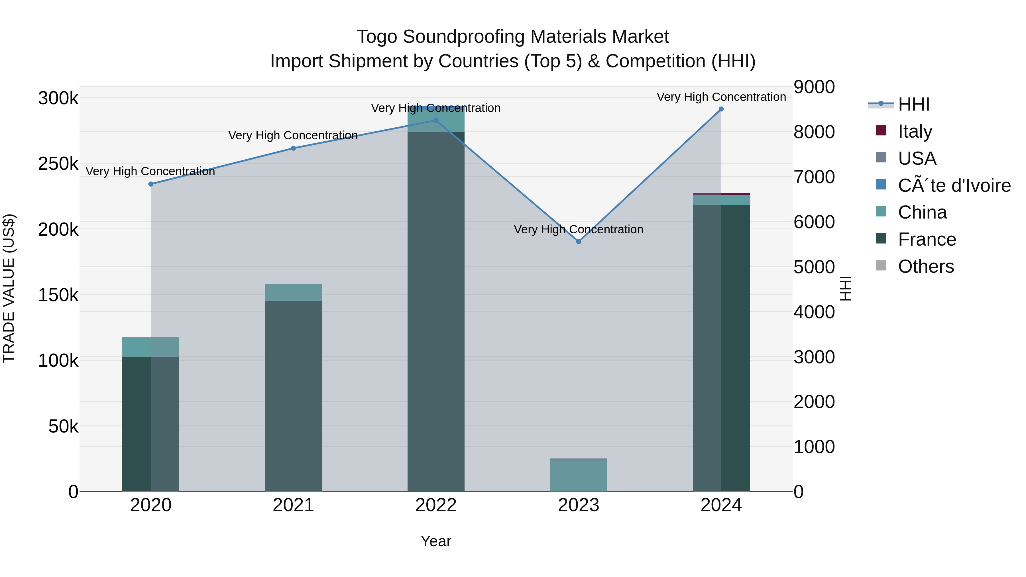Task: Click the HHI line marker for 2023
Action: point(578,242)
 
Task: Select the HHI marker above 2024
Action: point(721,109)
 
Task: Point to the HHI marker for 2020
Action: point(151,184)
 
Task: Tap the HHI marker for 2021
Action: point(293,148)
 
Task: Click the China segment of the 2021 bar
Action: point(293,292)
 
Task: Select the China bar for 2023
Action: point(578,476)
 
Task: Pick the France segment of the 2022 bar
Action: point(436,311)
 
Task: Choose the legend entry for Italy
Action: point(915,131)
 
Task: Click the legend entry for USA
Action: point(917,158)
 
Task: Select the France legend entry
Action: point(927,239)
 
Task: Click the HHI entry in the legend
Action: point(913,104)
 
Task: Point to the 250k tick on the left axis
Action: point(58,164)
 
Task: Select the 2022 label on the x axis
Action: point(436,505)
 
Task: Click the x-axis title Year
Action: point(436,541)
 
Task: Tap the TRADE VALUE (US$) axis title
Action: point(9,288)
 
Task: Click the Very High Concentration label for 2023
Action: point(578,229)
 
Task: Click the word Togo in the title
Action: point(377,37)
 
